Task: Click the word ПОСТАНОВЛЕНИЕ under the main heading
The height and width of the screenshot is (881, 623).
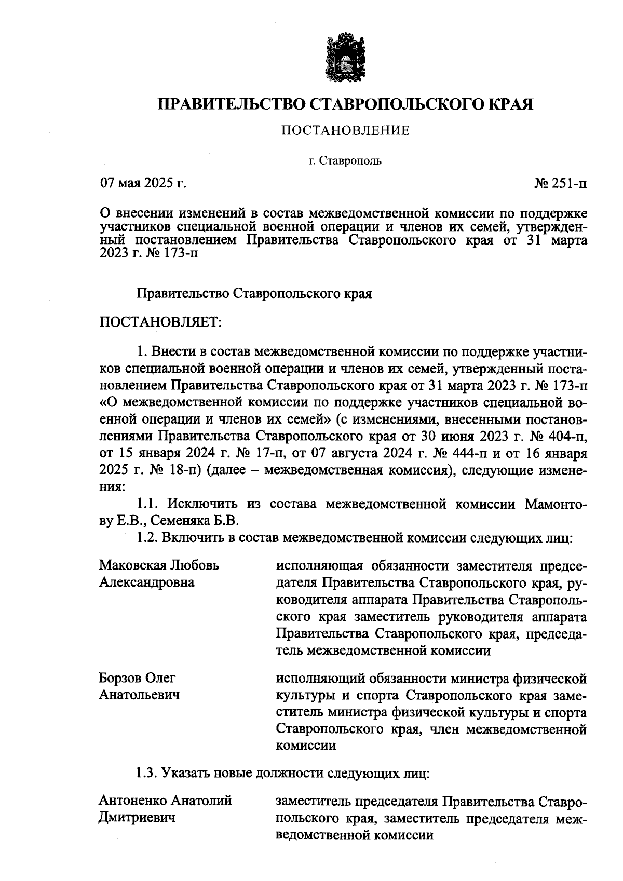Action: (345, 130)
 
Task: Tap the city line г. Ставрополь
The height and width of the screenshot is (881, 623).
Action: (345, 161)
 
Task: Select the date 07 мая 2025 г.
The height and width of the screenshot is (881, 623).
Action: (143, 183)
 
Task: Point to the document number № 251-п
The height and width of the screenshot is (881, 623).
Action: (561, 183)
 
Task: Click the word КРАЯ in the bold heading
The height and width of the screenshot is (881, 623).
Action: (511, 104)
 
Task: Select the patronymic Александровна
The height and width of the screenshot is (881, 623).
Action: (147, 582)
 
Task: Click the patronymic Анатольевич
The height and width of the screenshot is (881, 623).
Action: (140, 695)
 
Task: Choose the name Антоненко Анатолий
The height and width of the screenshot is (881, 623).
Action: (165, 801)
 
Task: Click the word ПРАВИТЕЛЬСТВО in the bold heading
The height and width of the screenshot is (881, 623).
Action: (233, 104)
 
